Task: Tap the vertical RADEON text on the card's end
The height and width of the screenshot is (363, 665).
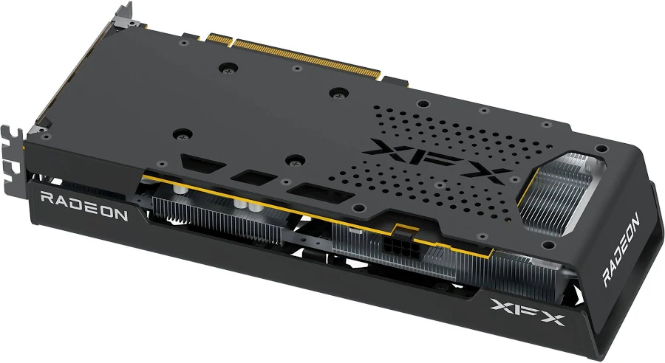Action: tap(621, 250)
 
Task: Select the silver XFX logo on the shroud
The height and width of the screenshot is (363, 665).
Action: tap(527, 311)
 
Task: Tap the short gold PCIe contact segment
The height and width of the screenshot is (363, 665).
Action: tap(219, 38)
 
